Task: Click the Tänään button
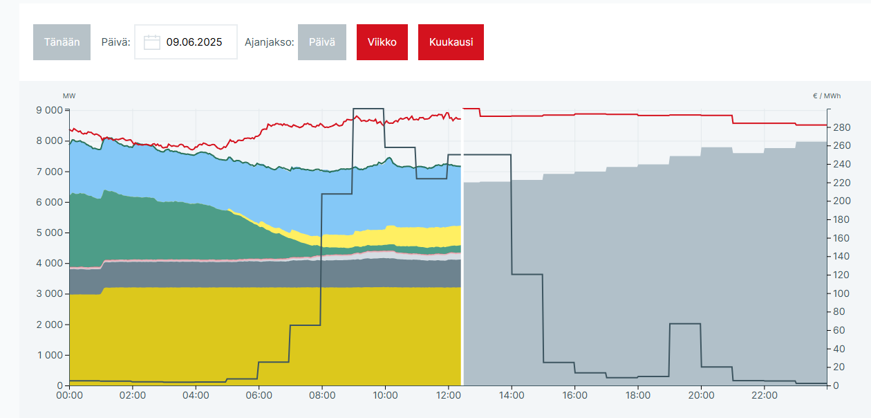point(62,42)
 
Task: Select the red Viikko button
point(382,42)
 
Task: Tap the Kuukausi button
point(451,42)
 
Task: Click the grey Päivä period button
point(322,42)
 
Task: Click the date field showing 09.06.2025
point(194,42)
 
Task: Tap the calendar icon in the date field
point(152,42)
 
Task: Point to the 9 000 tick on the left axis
point(48,111)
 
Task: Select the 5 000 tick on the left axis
point(48,233)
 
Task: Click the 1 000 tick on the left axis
point(48,356)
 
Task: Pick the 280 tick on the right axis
point(841,127)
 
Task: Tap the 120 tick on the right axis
point(841,275)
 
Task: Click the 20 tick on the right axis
point(839,367)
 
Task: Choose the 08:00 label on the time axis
point(322,396)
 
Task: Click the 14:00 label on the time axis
point(512,396)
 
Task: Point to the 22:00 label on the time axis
point(764,396)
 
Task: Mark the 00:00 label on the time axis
point(69,396)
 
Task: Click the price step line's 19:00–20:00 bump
point(685,324)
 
